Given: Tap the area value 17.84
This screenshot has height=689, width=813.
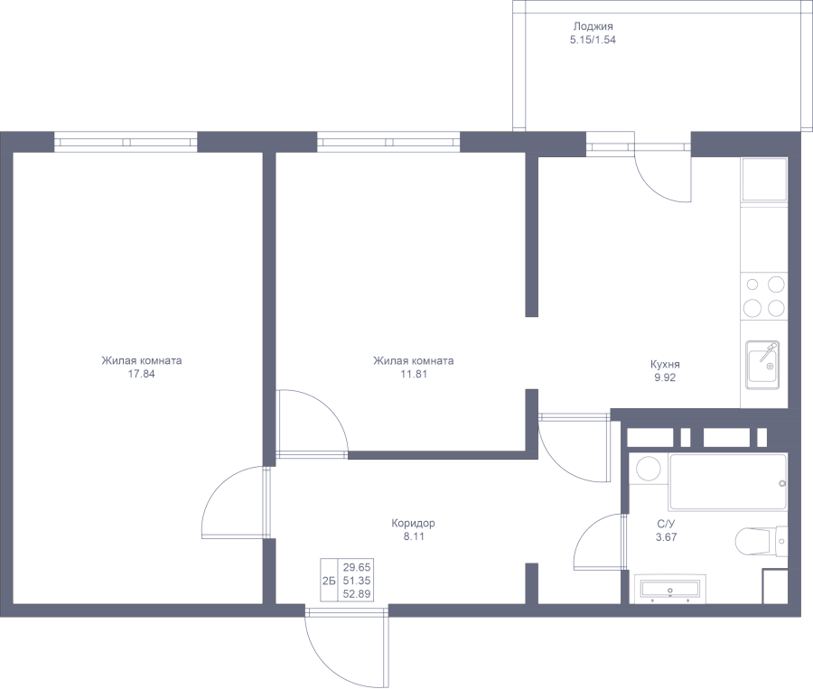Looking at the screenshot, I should (x=142, y=374).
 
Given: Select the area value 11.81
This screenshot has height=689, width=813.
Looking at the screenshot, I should (x=412, y=374).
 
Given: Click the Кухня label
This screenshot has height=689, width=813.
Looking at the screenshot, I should (x=665, y=364).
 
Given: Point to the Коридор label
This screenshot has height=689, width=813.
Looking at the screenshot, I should (x=414, y=523).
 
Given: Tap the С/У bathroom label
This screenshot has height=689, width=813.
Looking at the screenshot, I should (x=666, y=524).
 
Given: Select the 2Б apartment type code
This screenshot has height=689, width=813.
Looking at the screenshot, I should (x=329, y=580).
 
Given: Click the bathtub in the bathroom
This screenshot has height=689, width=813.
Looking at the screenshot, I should (x=726, y=482).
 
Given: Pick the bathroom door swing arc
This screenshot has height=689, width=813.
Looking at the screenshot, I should (x=596, y=541).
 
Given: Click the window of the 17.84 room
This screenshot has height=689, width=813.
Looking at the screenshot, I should (x=126, y=142).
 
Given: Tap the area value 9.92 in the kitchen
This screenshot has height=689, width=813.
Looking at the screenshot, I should (x=665, y=378).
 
